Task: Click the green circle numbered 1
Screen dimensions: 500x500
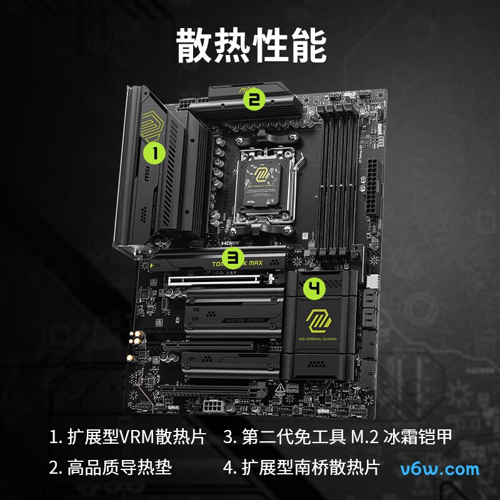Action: [x=154, y=151]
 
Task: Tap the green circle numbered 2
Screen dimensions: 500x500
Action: [x=254, y=99]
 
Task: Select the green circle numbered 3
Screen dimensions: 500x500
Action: [x=233, y=256]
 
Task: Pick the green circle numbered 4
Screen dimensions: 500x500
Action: [x=315, y=289]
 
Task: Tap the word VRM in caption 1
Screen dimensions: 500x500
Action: [x=139, y=437]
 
